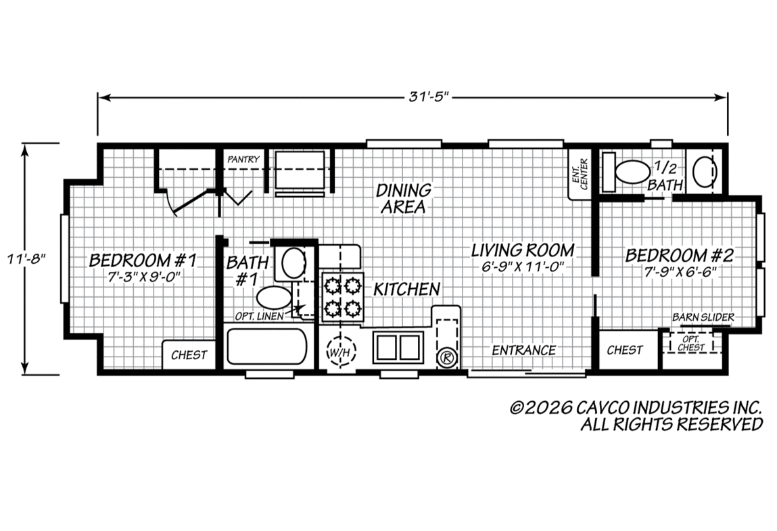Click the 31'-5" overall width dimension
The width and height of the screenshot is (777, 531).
point(429,97)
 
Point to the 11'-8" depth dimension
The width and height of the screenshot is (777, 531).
point(26,259)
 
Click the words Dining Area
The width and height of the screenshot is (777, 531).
point(403,198)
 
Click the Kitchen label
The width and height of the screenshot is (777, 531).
point(406,289)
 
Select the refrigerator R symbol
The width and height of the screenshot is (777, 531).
point(447,358)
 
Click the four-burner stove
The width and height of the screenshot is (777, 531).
point(342,297)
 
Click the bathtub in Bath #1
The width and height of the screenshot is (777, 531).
point(267,346)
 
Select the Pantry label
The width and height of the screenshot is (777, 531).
point(243,159)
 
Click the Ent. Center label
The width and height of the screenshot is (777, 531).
point(580,174)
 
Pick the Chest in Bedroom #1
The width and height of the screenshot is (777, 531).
point(189,355)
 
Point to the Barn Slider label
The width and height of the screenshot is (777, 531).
point(703,317)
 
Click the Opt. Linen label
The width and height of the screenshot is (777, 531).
point(259,316)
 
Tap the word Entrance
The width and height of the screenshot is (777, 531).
point(524,350)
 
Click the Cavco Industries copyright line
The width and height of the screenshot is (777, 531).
point(636,407)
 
